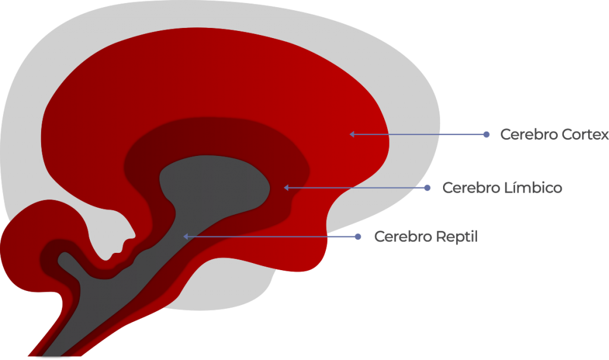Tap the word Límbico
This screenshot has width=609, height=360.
(x=533, y=188)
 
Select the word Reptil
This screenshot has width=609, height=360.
(x=457, y=237)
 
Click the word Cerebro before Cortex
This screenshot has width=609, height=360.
(x=529, y=134)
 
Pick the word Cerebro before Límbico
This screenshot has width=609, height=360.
(x=472, y=188)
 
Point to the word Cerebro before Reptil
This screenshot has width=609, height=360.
(x=403, y=237)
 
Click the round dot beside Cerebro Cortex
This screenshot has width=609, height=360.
(x=486, y=134)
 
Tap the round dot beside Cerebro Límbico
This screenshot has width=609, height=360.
(x=427, y=188)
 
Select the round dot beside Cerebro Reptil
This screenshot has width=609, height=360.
(x=358, y=237)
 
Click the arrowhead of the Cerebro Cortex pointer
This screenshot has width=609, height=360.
(x=352, y=134)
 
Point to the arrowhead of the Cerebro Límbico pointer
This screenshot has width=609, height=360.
(x=286, y=188)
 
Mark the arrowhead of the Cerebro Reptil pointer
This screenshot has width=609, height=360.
(x=186, y=237)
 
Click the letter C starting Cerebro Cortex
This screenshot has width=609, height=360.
(x=506, y=134)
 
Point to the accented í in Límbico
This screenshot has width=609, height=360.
(x=514, y=187)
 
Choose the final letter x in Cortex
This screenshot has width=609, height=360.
(x=604, y=136)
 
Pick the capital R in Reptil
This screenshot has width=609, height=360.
(x=441, y=237)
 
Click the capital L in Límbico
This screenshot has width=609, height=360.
(x=508, y=188)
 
